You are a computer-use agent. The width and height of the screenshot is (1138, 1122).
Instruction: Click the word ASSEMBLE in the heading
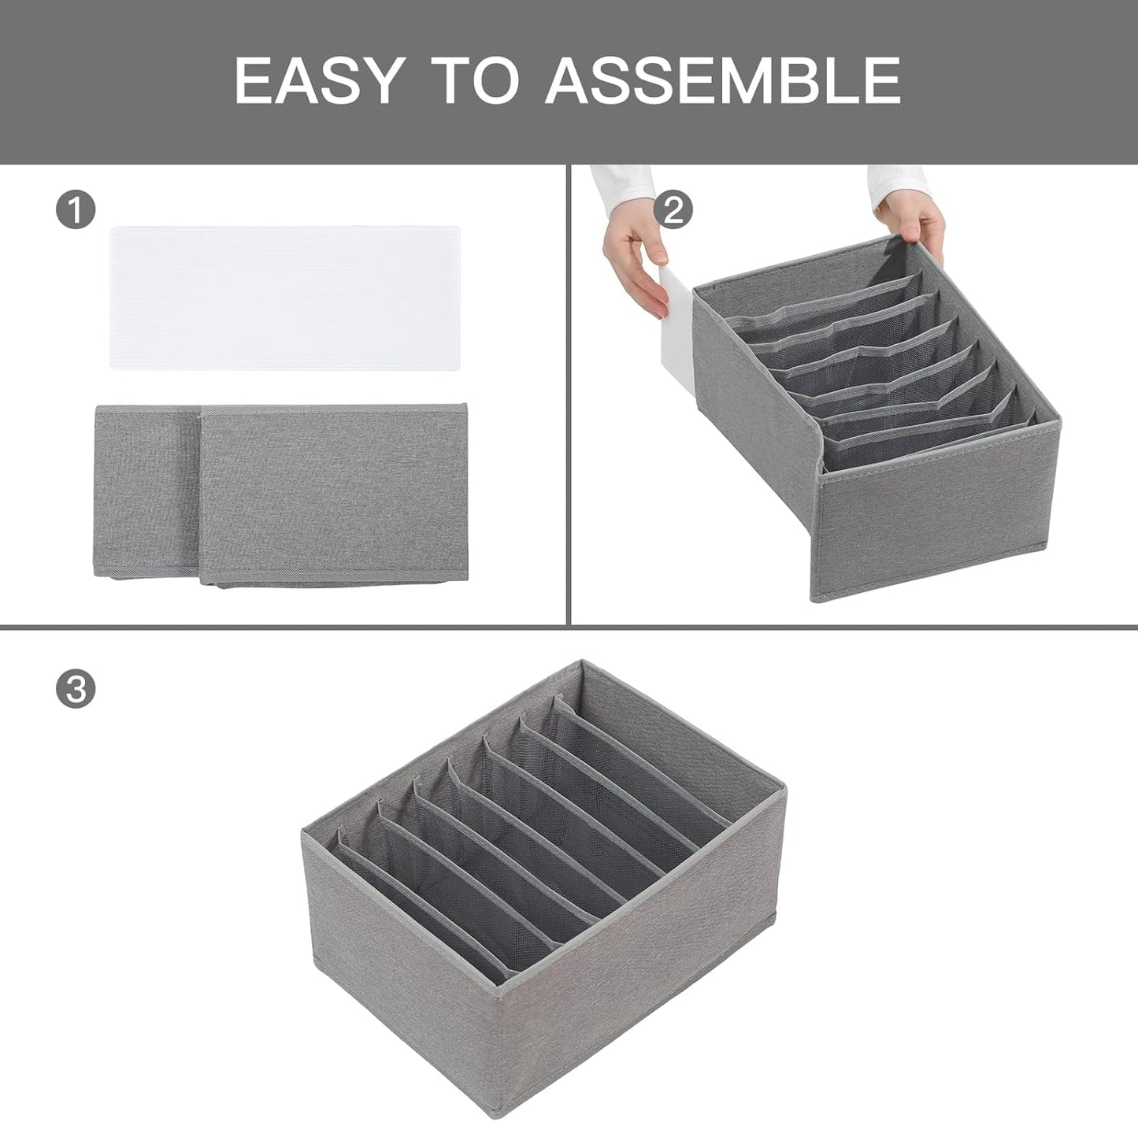pos(722,80)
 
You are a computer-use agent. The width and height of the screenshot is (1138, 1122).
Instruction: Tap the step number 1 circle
pos(76,211)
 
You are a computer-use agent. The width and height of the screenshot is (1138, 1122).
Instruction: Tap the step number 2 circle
pos(673,210)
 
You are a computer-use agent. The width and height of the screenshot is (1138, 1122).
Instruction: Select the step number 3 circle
pos(76,689)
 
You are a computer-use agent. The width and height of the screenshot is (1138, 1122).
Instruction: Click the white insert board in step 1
pos(284,298)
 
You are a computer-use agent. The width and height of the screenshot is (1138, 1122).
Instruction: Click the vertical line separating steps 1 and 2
pos(568,394)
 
